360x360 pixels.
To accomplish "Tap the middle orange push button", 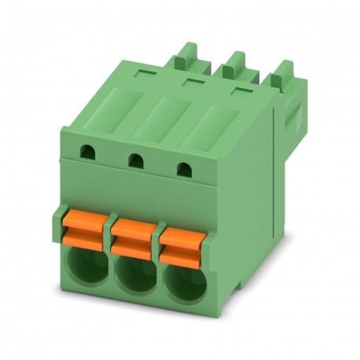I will pos(134,235).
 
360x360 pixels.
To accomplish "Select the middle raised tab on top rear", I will pos(233,62).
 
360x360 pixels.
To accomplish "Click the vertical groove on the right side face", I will pos(273,173).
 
